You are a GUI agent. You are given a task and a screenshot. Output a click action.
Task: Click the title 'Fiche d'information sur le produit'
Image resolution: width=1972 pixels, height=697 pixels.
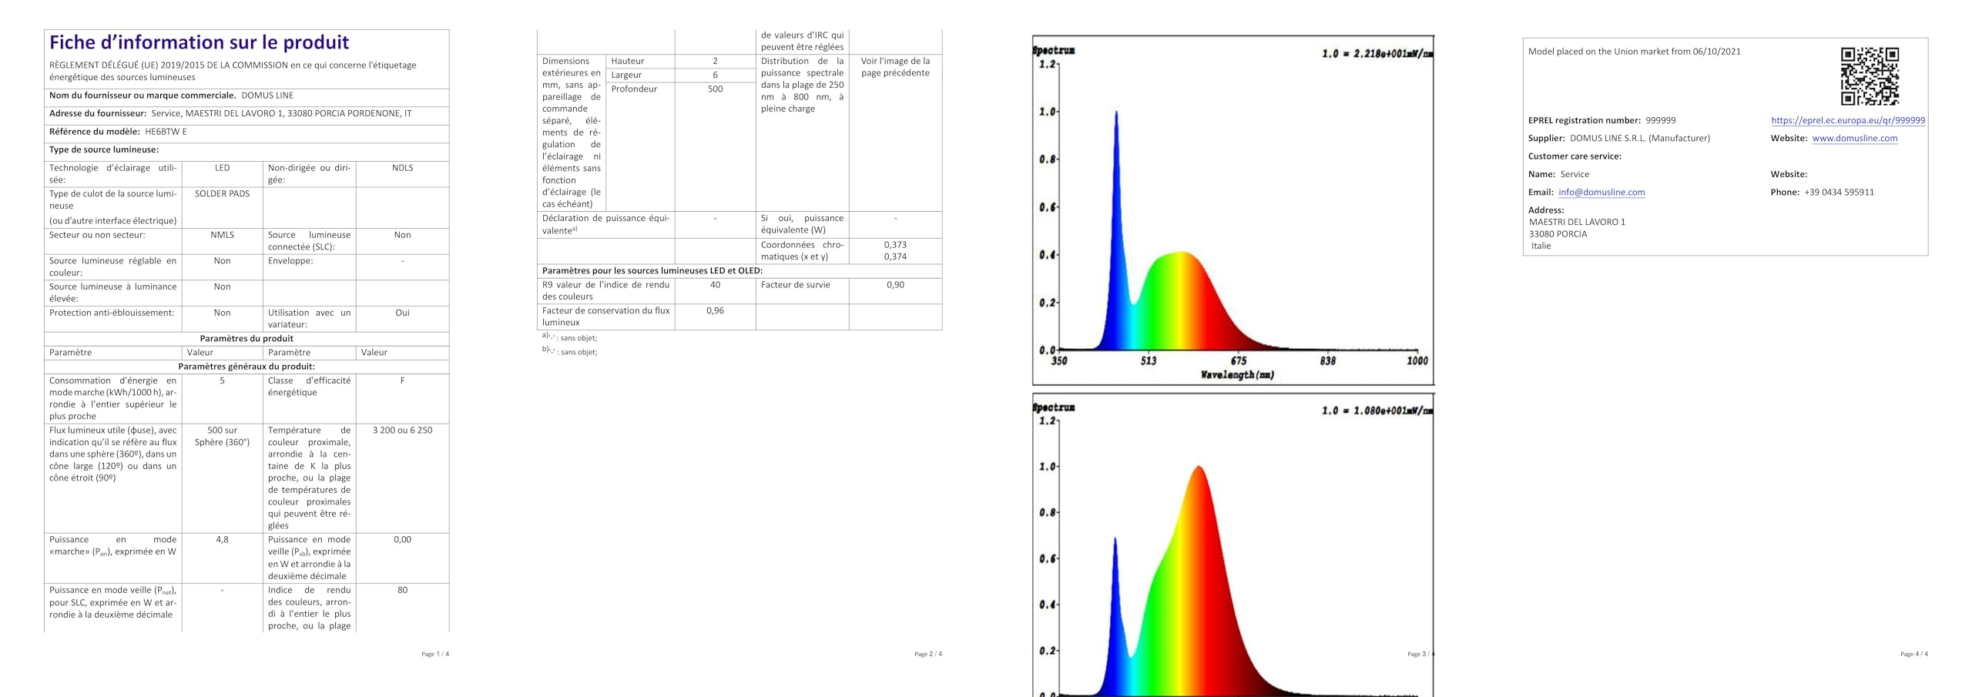pyautogui.click(x=199, y=42)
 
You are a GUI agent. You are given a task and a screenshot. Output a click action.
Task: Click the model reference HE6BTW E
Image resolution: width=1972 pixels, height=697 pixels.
pyautogui.click(x=166, y=132)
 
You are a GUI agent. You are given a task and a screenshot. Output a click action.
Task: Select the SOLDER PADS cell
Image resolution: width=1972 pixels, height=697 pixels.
pyautogui.click(x=222, y=194)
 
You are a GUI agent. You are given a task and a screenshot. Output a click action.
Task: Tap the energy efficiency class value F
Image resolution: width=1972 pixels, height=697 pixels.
pyautogui.click(x=402, y=380)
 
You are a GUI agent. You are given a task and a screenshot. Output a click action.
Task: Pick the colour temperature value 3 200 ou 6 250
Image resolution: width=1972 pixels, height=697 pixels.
pyautogui.click(x=402, y=431)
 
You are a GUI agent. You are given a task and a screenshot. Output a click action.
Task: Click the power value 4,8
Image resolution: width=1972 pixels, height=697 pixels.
pyautogui.click(x=222, y=540)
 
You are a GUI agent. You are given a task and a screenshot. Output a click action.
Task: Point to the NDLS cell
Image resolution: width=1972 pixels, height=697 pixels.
pyautogui.click(x=402, y=168)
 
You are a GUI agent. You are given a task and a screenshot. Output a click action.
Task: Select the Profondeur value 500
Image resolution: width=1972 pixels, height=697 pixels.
pyautogui.click(x=715, y=89)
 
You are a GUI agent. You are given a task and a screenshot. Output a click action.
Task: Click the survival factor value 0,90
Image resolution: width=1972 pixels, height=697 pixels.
pyautogui.click(x=895, y=285)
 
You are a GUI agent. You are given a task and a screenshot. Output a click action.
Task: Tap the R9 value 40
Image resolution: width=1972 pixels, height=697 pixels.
pyautogui.click(x=715, y=285)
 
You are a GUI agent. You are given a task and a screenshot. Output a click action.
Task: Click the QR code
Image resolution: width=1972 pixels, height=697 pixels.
pyautogui.click(x=1870, y=76)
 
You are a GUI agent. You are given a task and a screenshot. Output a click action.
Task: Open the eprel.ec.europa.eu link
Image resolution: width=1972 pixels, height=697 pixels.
pyautogui.click(x=1847, y=120)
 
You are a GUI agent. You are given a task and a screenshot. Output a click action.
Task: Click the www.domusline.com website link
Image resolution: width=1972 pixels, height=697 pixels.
pyautogui.click(x=1854, y=139)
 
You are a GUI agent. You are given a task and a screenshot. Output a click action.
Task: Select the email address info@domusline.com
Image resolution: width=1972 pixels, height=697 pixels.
pyautogui.click(x=1601, y=193)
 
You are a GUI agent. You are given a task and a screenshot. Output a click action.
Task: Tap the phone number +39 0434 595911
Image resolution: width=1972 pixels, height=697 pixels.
pyautogui.click(x=1839, y=193)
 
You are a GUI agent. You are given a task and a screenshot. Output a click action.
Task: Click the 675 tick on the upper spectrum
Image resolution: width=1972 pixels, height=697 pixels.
pyautogui.click(x=1238, y=360)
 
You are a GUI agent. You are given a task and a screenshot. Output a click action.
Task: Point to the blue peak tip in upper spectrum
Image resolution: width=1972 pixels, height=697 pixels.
pyautogui.click(x=1115, y=112)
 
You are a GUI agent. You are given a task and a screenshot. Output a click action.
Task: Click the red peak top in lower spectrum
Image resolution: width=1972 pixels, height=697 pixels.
pyautogui.click(x=1198, y=467)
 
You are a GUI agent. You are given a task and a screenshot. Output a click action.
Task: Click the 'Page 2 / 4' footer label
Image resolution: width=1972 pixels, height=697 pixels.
pyautogui.click(x=927, y=654)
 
